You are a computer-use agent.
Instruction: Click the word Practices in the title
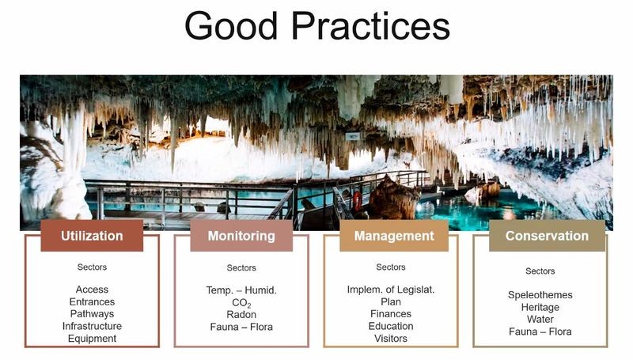pyautogui.click(x=370, y=25)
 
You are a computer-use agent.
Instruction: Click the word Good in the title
pyautogui.click(x=231, y=25)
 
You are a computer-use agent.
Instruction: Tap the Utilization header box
pyautogui.click(x=92, y=236)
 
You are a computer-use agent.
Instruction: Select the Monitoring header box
pyautogui.click(x=241, y=236)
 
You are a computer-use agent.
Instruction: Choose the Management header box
pyautogui.click(x=394, y=236)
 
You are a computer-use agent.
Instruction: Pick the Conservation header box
pyautogui.click(x=547, y=236)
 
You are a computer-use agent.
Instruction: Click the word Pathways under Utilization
pyautogui.click(x=92, y=314)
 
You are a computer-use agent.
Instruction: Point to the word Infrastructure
pyautogui.click(x=92, y=326)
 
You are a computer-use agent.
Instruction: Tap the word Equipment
pyautogui.click(x=92, y=339)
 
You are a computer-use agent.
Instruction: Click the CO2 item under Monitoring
pyautogui.click(x=241, y=303)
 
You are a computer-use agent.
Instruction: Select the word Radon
pyautogui.click(x=241, y=314)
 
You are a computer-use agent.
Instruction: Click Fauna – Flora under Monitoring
pyautogui.click(x=241, y=327)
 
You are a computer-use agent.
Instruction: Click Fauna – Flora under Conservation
pyautogui.click(x=540, y=332)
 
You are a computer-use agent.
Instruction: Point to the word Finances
pyautogui.click(x=391, y=314)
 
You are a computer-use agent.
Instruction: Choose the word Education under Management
pyautogui.click(x=391, y=326)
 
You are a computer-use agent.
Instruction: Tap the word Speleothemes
pyautogui.click(x=540, y=295)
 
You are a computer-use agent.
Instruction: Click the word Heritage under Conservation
pyautogui.click(x=540, y=308)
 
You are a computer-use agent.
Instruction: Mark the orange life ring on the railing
pyautogui.click(x=358, y=201)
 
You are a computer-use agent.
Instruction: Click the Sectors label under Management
pyautogui.click(x=391, y=267)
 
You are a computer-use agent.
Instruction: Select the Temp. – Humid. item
pyautogui.click(x=241, y=290)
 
